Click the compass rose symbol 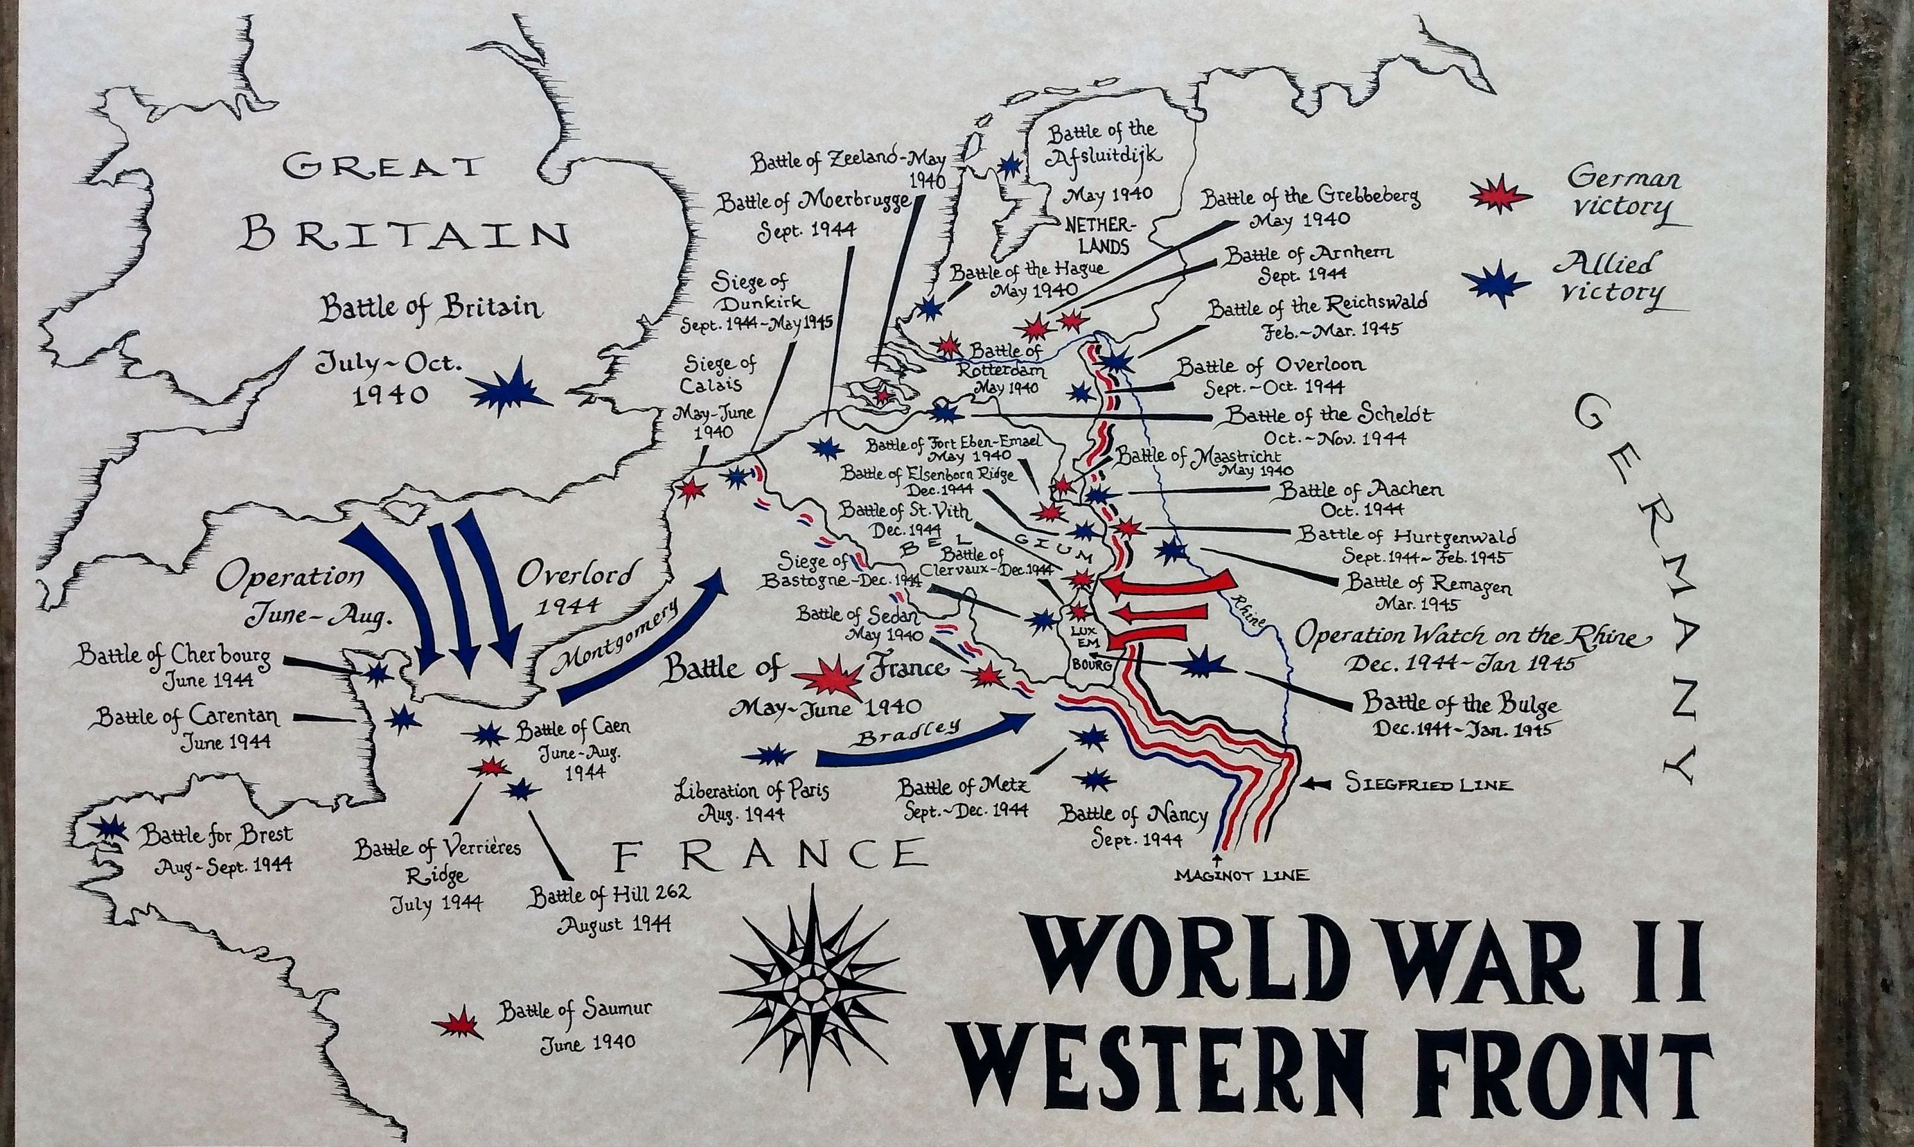coord(811,989)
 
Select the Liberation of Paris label coord(752,801)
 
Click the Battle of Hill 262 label coord(609,905)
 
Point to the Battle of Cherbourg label coord(174,666)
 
